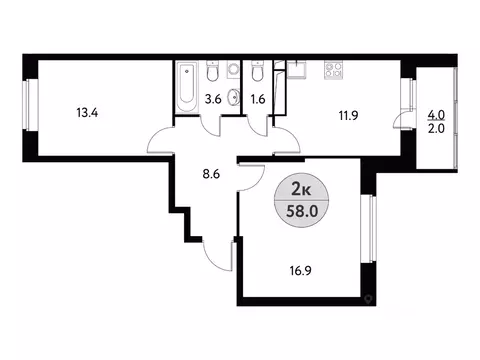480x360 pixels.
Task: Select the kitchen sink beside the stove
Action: [x=298, y=70]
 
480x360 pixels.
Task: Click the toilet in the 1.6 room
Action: [x=258, y=76]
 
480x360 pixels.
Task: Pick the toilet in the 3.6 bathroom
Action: [x=213, y=75]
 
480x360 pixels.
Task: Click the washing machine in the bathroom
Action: [x=233, y=71]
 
